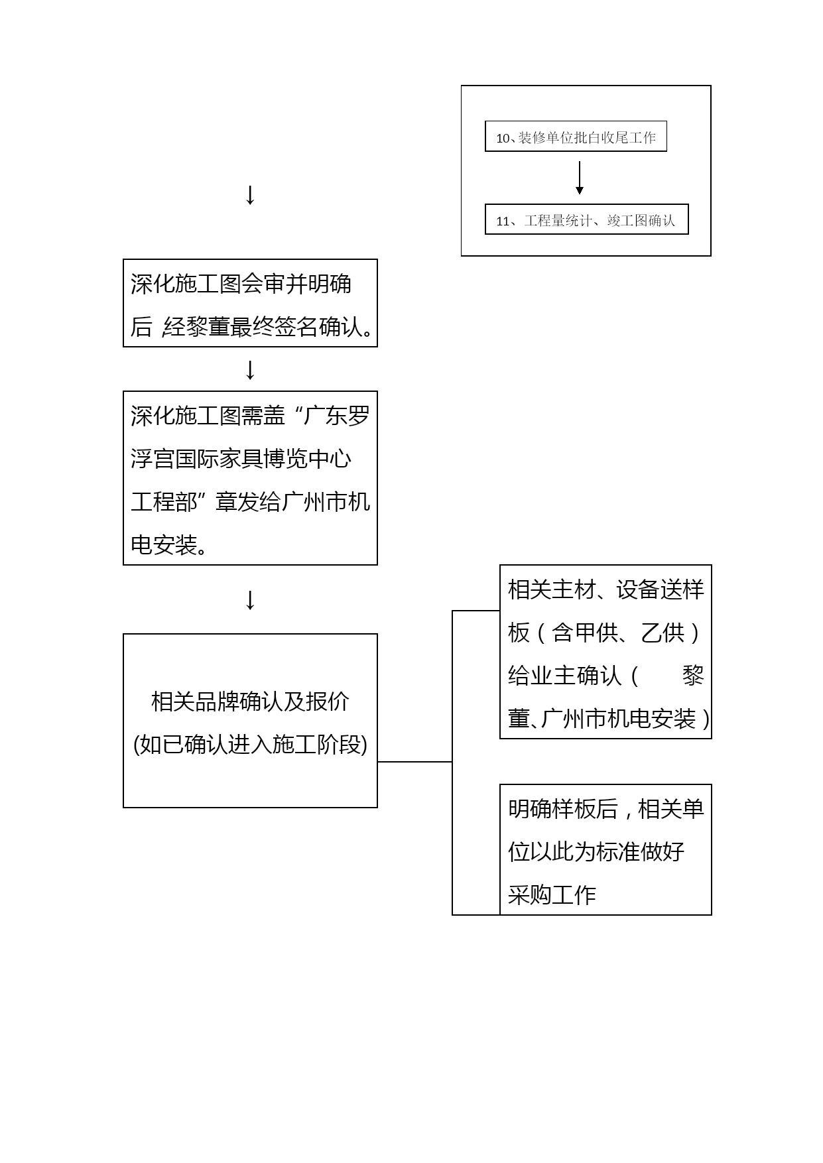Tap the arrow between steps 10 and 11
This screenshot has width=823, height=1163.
pos(580,178)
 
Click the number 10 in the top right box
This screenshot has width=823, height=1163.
pos(503,138)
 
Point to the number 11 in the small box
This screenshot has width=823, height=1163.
pos(503,221)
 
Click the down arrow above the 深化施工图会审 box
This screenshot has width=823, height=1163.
pos(250,195)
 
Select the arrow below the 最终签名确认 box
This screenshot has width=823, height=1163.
pos(250,370)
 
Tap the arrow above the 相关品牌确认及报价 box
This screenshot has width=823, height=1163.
pos(250,599)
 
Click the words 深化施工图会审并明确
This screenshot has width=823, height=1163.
pos(241,284)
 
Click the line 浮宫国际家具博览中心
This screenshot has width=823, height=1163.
pos(241,459)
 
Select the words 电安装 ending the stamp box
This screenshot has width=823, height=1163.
pos(164,546)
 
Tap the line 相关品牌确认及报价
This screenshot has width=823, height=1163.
pos(250,701)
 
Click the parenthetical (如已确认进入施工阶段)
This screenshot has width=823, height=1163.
pos(250,745)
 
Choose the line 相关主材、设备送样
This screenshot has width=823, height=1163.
pos(605,589)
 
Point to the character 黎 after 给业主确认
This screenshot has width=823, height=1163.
pos(693,676)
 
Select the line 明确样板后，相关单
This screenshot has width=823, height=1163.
pos(605,809)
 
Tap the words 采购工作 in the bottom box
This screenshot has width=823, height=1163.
pos(552,895)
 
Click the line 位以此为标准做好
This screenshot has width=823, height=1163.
pos(596,852)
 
